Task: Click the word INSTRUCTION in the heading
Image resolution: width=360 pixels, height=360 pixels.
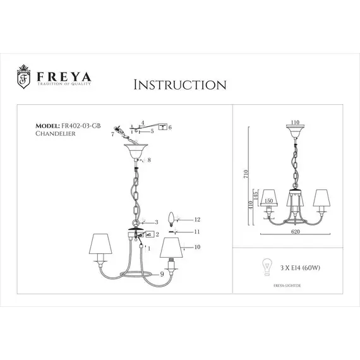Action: click(x=181, y=84)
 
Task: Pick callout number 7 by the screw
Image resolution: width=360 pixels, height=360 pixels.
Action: click(x=112, y=135)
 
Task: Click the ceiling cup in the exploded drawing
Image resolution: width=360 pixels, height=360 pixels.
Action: click(x=136, y=152)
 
